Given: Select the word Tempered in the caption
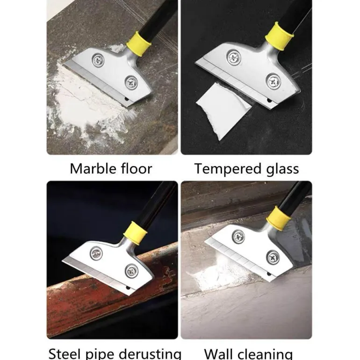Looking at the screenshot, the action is [228, 169].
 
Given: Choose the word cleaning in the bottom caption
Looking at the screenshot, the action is [264, 354].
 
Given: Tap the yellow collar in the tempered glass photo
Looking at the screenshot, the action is [280, 36].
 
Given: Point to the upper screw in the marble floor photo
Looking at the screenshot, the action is [98, 61].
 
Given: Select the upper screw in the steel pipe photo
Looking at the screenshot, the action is [96, 253].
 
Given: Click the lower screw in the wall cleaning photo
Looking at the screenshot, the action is [273, 257].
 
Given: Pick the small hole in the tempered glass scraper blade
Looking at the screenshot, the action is [269, 101].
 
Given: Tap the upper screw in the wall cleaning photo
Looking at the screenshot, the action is [238, 237].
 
